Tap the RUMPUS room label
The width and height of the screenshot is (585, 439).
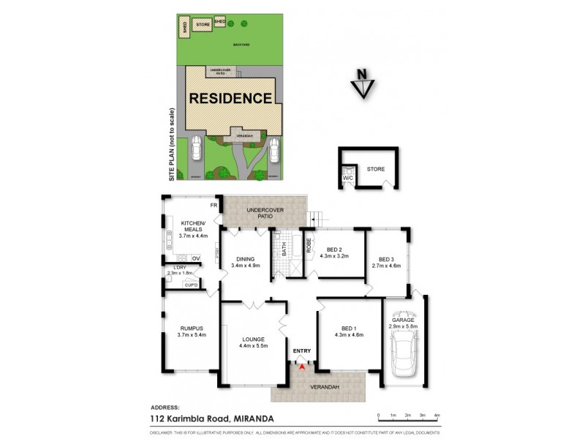pos(192,330)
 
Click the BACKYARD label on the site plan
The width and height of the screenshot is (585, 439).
pos(241,45)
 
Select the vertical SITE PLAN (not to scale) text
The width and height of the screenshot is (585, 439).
pos(173,144)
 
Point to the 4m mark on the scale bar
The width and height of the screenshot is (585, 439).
pos(437,415)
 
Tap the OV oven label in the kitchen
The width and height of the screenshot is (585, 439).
pos(196,258)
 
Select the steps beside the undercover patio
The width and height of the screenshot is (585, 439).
pos(315,217)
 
